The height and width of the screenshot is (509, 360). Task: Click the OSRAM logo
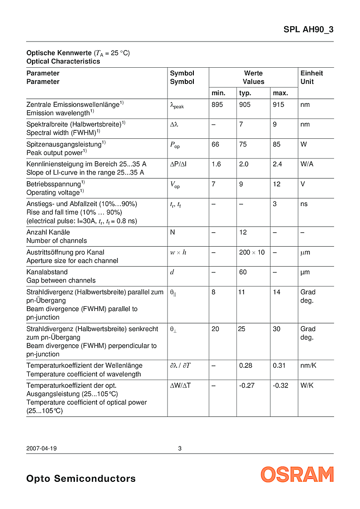[x=297, y=474]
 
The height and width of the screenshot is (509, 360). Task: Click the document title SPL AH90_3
[x=308, y=30]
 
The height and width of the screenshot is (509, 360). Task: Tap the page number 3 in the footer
[x=180, y=448]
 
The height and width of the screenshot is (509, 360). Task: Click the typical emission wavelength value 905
[x=244, y=104]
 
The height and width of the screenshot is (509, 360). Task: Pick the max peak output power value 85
[x=277, y=145]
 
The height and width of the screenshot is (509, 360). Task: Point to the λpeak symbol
[x=177, y=105]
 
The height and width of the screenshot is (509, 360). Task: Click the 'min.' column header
[x=218, y=93]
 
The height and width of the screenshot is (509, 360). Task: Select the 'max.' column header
[x=280, y=93]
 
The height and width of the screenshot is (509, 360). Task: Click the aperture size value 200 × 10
[x=252, y=252]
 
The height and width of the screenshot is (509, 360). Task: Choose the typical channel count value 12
[x=243, y=232]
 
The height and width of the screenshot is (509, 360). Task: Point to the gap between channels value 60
[x=243, y=272]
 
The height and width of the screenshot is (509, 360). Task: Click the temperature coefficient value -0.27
[x=247, y=385]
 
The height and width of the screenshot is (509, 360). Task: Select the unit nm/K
[x=308, y=365]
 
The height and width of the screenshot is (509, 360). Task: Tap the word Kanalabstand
[x=47, y=272]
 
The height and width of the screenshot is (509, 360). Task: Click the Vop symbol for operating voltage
[x=175, y=185]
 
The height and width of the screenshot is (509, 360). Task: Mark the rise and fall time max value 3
[x=275, y=204]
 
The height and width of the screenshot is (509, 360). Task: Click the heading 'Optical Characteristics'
[x=63, y=62]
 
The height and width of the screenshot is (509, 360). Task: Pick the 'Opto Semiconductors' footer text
[x=81, y=478]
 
